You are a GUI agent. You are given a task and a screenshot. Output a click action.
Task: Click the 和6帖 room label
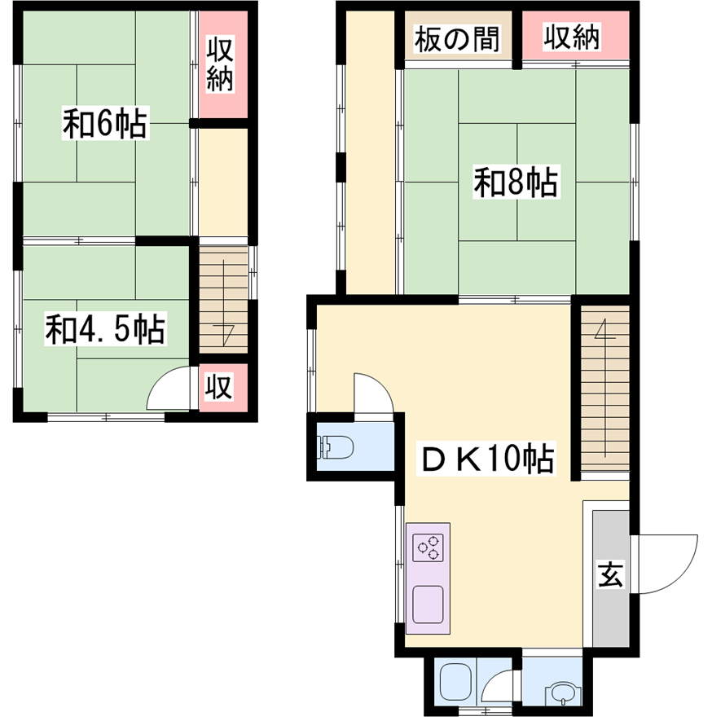[x=105, y=123]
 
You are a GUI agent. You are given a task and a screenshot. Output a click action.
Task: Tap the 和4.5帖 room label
[x=105, y=329]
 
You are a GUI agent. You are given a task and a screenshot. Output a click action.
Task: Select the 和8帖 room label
[x=516, y=182]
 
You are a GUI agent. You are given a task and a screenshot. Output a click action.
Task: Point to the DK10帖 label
[x=486, y=458]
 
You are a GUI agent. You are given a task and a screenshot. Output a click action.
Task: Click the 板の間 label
[x=457, y=39]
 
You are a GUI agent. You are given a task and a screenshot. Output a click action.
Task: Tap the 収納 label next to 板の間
[x=572, y=37]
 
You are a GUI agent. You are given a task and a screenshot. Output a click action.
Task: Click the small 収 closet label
[x=219, y=387]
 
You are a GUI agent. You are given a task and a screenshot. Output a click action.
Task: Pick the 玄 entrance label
[x=611, y=574]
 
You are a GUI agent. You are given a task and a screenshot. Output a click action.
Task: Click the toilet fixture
[x=335, y=447]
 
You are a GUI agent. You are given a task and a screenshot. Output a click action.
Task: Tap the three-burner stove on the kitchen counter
[x=428, y=547]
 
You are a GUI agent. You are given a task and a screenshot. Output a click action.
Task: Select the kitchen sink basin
[x=428, y=604]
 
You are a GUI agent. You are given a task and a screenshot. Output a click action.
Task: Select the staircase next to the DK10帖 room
[x=605, y=389]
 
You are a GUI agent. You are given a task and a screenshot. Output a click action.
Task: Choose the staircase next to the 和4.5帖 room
[x=223, y=300]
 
